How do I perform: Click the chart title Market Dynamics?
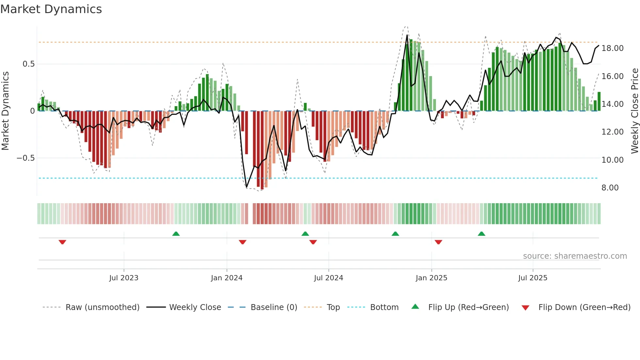click(51, 9)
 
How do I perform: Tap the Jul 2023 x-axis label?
click(124, 278)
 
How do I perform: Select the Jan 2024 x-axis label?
click(227, 278)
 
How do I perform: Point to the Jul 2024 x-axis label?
click(328, 278)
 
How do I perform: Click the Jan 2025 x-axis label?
click(431, 278)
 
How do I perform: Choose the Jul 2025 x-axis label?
click(533, 278)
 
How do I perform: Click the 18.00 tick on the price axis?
click(612, 48)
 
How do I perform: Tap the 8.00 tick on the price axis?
click(610, 188)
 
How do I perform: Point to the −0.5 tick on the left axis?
click(25, 158)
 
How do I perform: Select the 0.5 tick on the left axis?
click(28, 64)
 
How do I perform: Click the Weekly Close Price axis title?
click(634, 111)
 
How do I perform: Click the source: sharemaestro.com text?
click(575, 256)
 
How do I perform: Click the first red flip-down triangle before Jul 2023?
click(62, 242)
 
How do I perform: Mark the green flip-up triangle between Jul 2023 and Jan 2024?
click(176, 234)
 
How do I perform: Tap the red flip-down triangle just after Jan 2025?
click(439, 242)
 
